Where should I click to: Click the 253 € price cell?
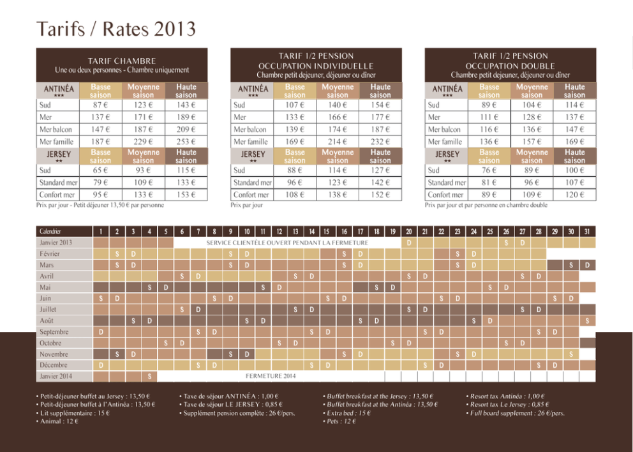pos(186,142)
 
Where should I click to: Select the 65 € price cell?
pos(101,170)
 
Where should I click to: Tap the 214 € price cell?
pos(338,142)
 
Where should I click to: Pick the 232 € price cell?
pos(380,142)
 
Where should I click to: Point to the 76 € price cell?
pos(489,170)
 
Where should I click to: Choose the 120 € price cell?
pos(574,195)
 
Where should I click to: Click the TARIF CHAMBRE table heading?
pos(122,61)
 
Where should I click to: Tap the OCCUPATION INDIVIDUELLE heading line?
pos(316,66)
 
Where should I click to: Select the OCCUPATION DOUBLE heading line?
pos(510,66)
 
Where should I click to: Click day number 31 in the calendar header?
pos(587,232)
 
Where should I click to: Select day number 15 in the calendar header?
pos(326,232)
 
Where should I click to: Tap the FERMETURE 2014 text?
pos(271,376)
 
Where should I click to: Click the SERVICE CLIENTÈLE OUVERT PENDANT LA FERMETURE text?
pos(287,243)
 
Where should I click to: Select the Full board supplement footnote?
pos(515,413)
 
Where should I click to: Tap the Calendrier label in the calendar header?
pos(50,232)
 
